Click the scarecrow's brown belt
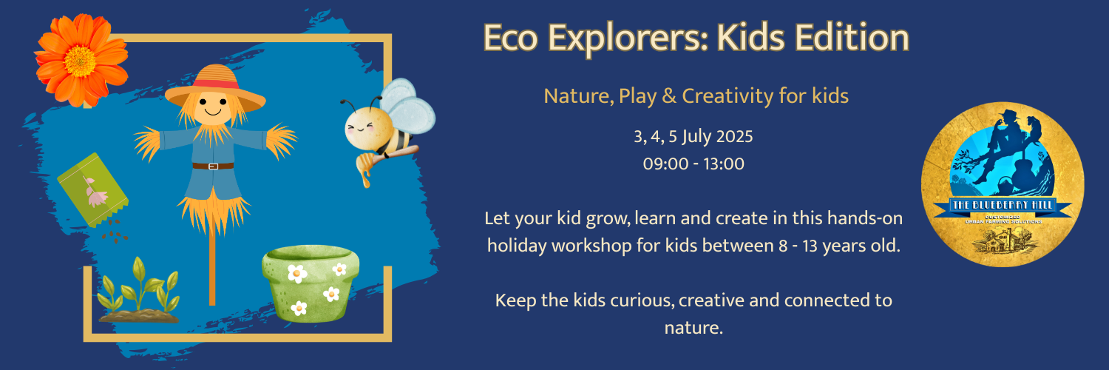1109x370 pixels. coord(213,166)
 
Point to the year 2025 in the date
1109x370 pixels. coord(732,137)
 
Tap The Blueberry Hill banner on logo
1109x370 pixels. coord(1003,207)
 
